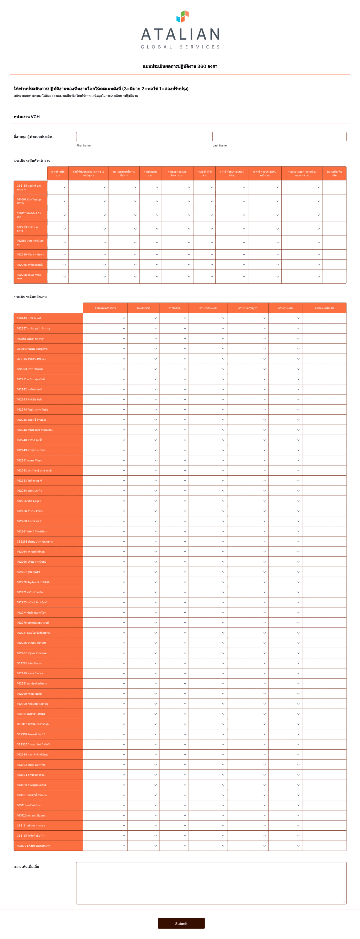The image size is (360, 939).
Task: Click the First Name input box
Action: click(143, 136)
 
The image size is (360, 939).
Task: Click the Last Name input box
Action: click(279, 136)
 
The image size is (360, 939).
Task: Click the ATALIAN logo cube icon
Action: click(183, 17)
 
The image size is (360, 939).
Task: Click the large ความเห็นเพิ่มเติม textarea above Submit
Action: click(211, 883)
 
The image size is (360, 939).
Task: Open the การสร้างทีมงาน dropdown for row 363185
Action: click(58, 187)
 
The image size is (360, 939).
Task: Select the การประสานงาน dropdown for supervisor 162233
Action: click(150, 229)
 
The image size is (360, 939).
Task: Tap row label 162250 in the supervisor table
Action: click(30, 254)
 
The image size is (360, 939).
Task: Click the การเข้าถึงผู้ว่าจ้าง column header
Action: click(204, 173)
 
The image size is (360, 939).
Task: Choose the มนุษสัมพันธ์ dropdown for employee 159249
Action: click(144, 318)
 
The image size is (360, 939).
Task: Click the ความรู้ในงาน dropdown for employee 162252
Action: click(285, 471)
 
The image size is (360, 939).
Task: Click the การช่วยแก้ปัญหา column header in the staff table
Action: click(248, 308)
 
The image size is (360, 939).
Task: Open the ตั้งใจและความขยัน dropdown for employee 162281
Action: click(105, 633)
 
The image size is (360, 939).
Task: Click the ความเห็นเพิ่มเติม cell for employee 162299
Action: click(324, 694)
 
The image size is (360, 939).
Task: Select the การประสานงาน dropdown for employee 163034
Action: click(208, 775)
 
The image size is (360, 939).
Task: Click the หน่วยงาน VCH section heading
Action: click(27, 117)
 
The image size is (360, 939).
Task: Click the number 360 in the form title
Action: click(202, 66)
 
